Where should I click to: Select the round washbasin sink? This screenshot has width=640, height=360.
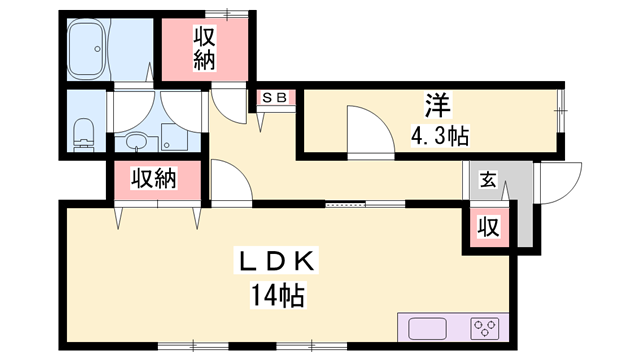(x=135, y=139)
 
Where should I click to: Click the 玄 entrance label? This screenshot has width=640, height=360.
(x=488, y=181)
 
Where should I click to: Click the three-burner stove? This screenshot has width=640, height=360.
(x=485, y=329)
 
